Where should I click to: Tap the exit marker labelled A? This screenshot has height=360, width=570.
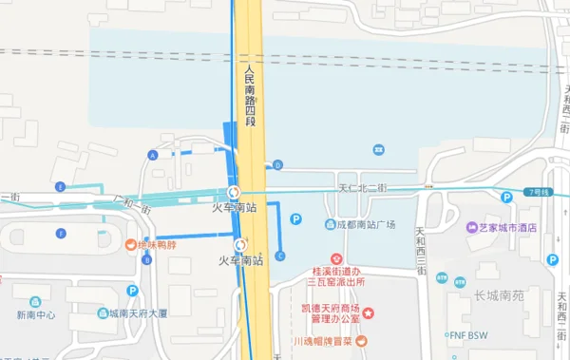click(152, 155)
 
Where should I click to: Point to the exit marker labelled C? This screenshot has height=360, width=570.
click(280, 255)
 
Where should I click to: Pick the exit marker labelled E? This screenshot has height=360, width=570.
click(61, 187)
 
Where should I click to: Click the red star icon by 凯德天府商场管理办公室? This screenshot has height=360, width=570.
click(369, 313)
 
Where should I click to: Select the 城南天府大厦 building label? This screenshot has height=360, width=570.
click(137, 313)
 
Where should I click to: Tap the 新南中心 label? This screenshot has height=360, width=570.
click(35, 315)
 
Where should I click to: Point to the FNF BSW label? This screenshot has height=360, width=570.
click(468, 333)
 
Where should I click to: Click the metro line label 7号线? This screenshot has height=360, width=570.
click(541, 193)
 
